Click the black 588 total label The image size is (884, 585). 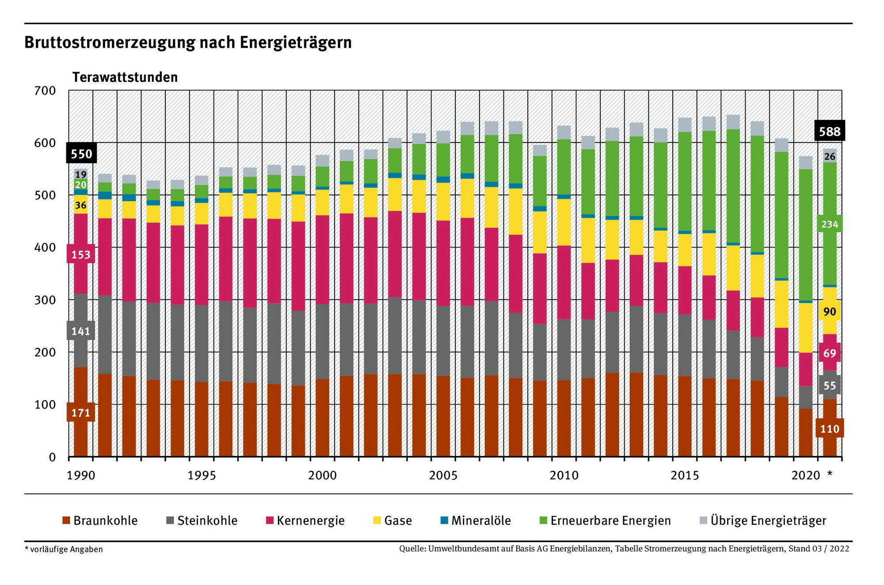click(829, 131)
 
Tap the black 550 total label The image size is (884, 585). click(81, 154)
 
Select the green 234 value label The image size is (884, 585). click(829, 224)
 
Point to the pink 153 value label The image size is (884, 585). click(81, 255)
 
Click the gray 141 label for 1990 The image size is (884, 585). click(81, 331)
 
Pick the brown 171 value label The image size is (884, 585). click(81, 413)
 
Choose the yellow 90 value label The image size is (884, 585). click(829, 312)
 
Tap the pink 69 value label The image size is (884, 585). click(829, 353)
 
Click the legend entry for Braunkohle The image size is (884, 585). click(100, 520)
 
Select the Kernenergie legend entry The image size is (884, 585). click(305, 520)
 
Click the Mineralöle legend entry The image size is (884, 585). click(476, 520)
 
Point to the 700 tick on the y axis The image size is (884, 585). click(45, 91)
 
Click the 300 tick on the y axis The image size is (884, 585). click(45, 300)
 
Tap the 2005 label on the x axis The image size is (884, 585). click(443, 475)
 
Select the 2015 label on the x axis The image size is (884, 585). click(684, 475)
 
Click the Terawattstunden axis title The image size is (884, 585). click(125, 77)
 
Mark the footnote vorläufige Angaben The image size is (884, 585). click(64, 549)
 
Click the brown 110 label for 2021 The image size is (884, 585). click(829, 428)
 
